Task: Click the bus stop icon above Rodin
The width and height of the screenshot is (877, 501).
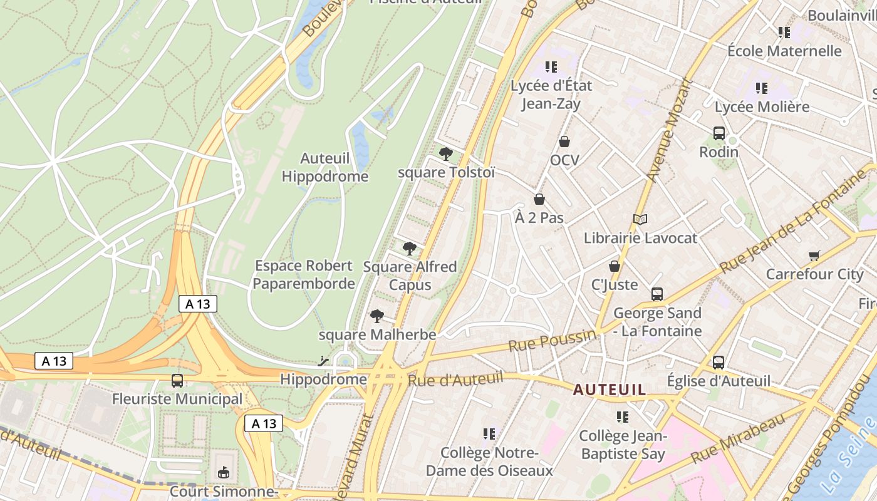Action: click(x=719, y=133)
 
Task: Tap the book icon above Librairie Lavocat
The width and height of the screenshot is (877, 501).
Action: click(x=640, y=219)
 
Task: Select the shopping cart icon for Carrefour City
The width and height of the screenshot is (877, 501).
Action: click(x=814, y=255)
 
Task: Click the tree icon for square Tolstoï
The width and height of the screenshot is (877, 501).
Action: click(x=445, y=153)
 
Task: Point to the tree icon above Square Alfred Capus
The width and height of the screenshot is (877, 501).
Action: click(x=410, y=249)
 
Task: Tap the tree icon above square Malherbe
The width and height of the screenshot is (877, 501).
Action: click(x=376, y=316)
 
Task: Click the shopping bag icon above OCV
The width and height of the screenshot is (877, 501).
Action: click(x=564, y=142)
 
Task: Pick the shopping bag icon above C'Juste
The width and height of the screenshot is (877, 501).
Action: click(x=615, y=266)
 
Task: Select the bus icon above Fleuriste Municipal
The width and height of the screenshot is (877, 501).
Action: click(x=177, y=380)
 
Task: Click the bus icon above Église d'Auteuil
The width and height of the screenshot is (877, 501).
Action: click(x=719, y=362)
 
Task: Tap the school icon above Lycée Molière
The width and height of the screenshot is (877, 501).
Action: click(x=762, y=88)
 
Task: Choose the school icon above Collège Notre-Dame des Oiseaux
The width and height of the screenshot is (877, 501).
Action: click(x=489, y=433)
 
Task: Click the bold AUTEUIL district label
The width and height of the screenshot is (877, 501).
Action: click(x=610, y=390)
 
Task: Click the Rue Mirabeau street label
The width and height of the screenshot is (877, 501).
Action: click(x=738, y=438)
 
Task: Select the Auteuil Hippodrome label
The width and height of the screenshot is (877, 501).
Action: click(x=324, y=167)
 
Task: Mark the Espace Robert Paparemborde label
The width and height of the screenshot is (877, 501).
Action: click(x=304, y=274)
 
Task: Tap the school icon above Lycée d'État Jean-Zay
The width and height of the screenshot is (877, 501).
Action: click(x=551, y=66)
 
